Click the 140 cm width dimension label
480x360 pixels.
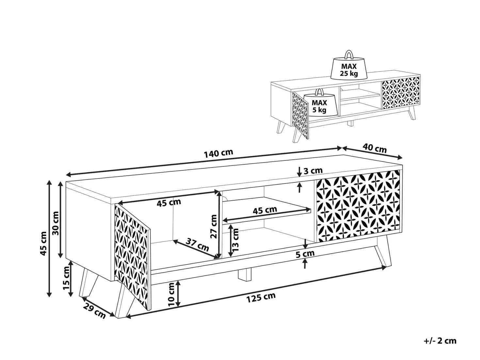(x=218, y=153)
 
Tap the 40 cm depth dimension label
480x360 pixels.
(x=375, y=148)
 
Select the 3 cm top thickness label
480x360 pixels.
(x=313, y=171)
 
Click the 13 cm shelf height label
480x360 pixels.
(x=235, y=240)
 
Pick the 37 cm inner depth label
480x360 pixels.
(x=197, y=245)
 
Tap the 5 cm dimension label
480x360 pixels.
(x=305, y=254)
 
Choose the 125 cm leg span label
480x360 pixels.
(x=261, y=297)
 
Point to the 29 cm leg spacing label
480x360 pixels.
(x=94, y=311)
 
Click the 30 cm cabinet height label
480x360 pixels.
(x=56, y=223)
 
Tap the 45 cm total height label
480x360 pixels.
(x=43, y=243)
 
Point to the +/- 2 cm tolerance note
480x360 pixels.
(x=440, y=341)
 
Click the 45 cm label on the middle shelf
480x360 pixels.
(x=265, y=210)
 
